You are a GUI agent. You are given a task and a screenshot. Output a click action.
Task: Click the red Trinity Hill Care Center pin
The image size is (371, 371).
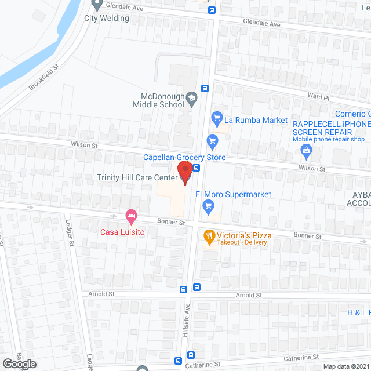point(185,173)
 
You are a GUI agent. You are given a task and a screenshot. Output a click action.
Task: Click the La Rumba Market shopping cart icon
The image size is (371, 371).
point(217,119)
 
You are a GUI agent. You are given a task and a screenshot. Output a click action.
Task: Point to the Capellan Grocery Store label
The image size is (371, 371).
point(184,157)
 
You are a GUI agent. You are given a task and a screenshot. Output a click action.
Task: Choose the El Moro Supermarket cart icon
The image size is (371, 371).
point(208,205)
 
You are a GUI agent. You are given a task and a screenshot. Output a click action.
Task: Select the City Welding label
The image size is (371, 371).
point(107,18)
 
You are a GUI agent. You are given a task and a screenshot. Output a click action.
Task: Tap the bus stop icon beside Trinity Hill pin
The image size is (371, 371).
point(197,168)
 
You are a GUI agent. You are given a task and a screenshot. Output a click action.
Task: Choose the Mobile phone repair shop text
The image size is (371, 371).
point(328,139)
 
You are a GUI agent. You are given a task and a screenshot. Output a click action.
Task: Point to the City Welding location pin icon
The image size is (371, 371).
point(97,5)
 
